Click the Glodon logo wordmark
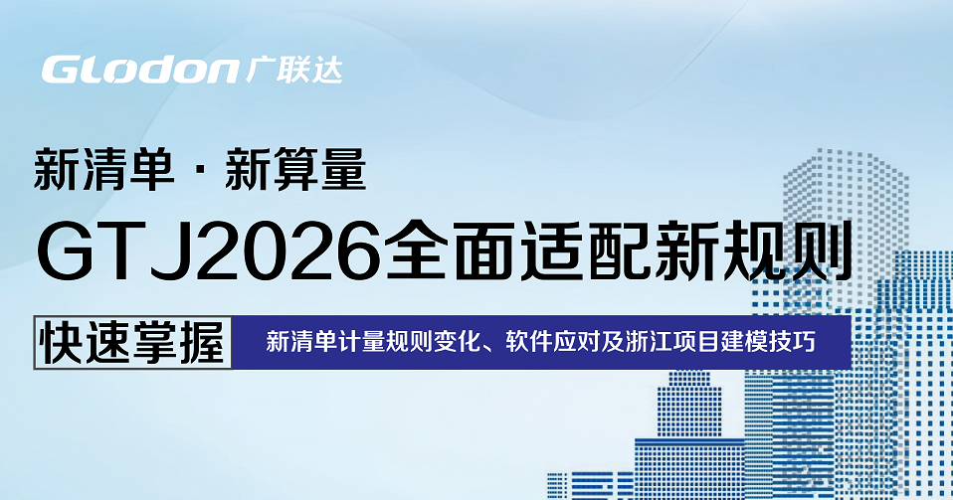pyautogui.click(x=140, y=70)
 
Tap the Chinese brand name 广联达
pyautogui.click(x=294, y=70)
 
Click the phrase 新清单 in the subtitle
pyautogui.click(x=103, y=170)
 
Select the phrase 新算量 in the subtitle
pyautogui.click(x=295, y=170)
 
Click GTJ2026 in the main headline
pyautogui.click(x=210, y=252)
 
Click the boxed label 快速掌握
pyautogui.click(x=132, y=342)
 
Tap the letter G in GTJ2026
pyautogui.click(x=67, y=252)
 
